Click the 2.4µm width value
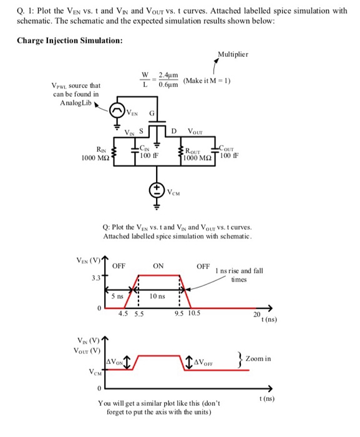click(168, 76)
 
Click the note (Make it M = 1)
click(207, 81)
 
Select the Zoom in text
click(258, 358)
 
